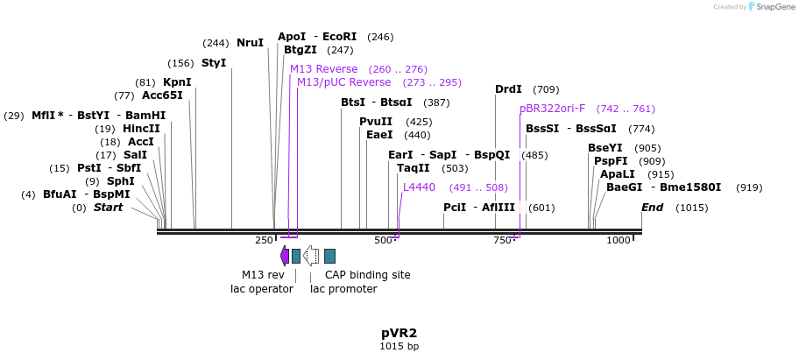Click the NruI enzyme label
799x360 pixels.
coord(250,42)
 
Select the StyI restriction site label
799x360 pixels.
coord(214,63)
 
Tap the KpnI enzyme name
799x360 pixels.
coord(177,82)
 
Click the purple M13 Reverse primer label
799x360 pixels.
coord(323,69)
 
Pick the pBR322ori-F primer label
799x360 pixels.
coord(552,109)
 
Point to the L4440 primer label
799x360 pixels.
coord(419,187)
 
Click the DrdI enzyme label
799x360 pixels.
coord(508,89)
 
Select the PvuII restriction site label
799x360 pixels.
coord(376,122)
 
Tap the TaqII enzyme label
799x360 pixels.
coord(414,168)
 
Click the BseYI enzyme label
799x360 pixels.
coord(605,148)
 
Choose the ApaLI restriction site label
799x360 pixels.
coord(618,174)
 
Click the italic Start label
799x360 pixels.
coord(109,208)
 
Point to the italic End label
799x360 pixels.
coord(653,208)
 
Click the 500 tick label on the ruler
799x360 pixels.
coord(383,240)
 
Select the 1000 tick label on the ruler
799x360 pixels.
coord(619,240)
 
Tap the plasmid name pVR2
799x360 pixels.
coord(399,333)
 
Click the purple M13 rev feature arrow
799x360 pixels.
coord(285,256)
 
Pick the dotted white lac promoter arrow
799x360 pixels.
coord(311,256)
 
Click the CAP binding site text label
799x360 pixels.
coord(367,275)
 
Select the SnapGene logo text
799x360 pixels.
coord(770,6)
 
